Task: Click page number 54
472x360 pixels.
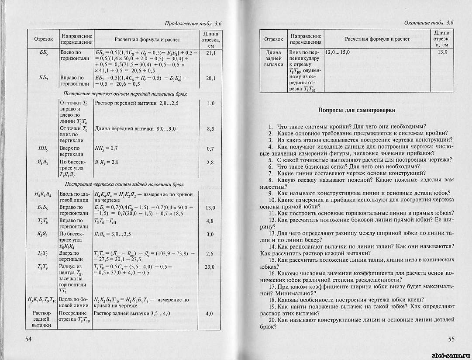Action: click(x=28, y=339)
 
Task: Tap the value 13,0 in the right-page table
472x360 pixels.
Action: click(x=442, y=52)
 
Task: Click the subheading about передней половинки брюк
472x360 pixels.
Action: click(x=124, y=93)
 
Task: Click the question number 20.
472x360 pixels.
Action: click(x=272, y=320)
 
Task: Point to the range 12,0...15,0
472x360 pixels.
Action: click(x=338, y=52)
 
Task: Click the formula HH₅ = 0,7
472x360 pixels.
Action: click(x=106, y=149)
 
